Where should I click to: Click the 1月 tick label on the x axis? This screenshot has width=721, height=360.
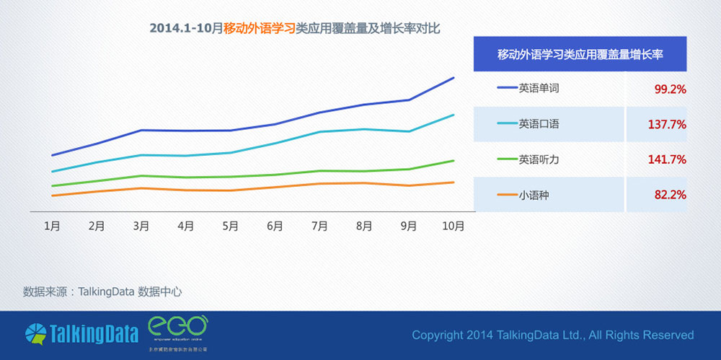pyautogui.click(x=52, y=226)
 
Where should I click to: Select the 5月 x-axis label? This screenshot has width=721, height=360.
pyautogui.click(x=231, y=226)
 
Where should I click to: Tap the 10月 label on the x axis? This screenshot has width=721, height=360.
pyautogui.click(x=453, y=226)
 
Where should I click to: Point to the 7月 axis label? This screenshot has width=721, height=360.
pyautogui.click(x=319, y=226)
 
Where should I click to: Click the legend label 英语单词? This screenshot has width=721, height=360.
pyautogui.click(x=539, y=89)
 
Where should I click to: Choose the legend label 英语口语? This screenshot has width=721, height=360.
pyautogui.click(x=539, y=124)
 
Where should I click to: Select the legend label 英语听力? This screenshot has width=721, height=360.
pyautogui.click(x=539, y=159)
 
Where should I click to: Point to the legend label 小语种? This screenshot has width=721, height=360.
pyautogui.click(x=534, y=195)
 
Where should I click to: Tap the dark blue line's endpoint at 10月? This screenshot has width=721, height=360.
pyautogui.click(x=454, y=77)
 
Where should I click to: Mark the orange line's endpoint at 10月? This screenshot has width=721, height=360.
pyautogui.click(x=454, y=182)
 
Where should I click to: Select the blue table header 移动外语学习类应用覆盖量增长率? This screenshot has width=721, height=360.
pyautogui.click(x=580, y=54)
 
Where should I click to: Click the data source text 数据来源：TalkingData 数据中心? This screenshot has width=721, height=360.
pyautogui.click(x=102, y=292)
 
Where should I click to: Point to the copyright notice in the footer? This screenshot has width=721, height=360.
pyautogui.click(x=552, y=335)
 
